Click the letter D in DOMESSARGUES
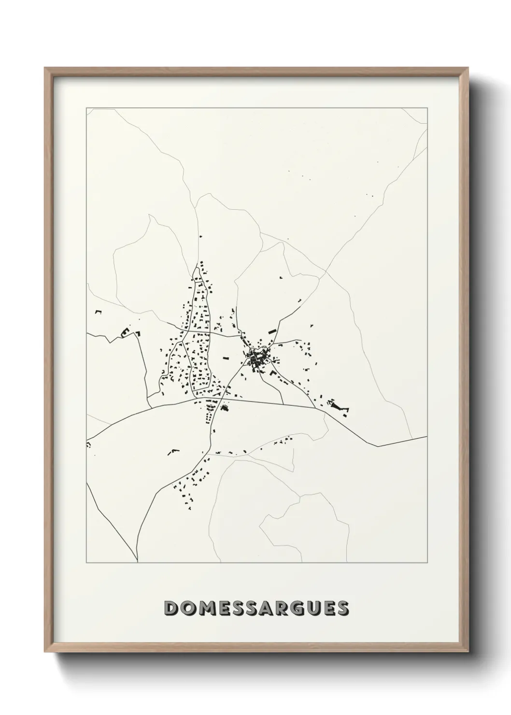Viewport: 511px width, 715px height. tap(171, 608)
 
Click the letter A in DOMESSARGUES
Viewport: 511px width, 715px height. tap(266, 608)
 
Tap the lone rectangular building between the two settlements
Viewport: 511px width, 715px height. tap(225, 358)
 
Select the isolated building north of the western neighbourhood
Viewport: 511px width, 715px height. tap(199, 236)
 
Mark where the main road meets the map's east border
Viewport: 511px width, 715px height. tap(427, 437)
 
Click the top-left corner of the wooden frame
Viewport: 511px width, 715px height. tap(45, 68)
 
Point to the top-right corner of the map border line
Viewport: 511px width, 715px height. tap(427, 108)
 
